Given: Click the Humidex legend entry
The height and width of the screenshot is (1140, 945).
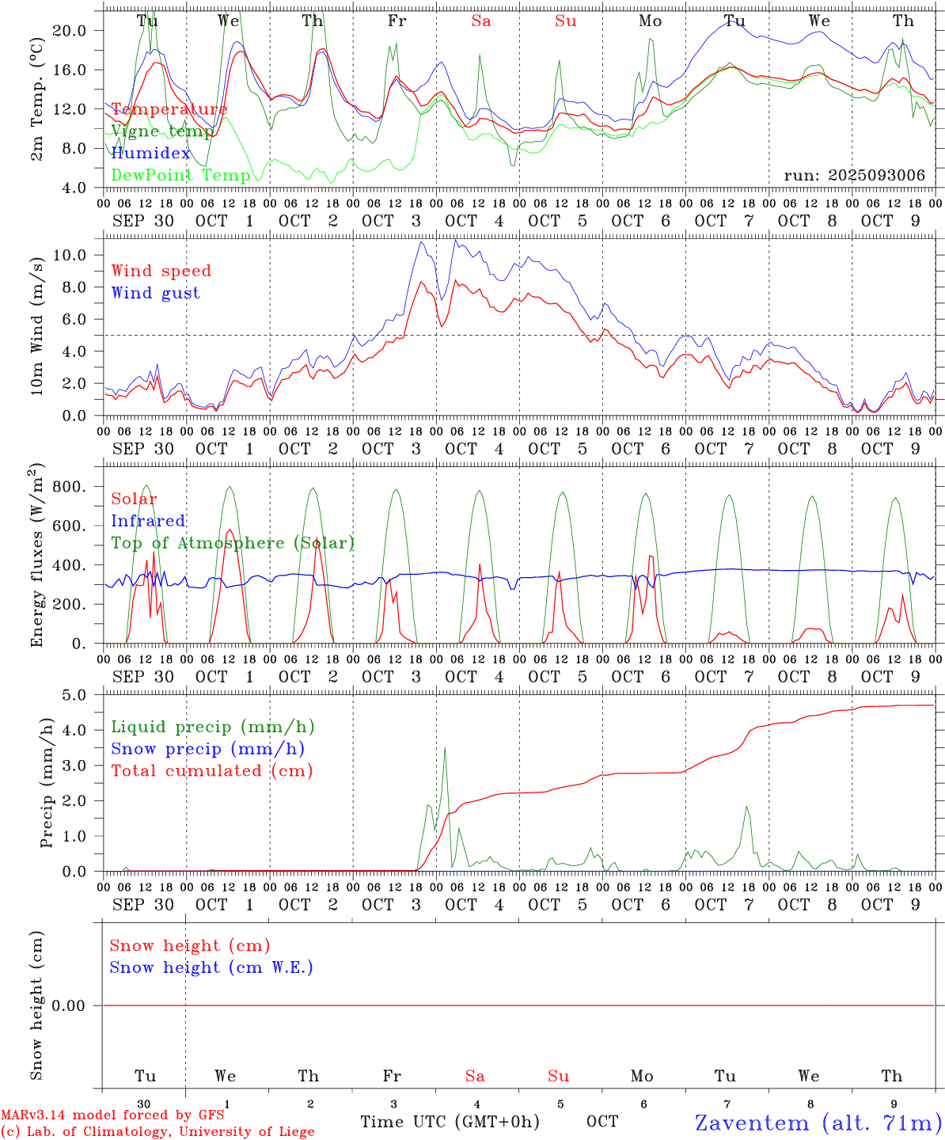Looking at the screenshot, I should (x=150, y=153).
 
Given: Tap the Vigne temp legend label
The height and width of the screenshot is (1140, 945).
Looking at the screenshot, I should (x=161, y=131).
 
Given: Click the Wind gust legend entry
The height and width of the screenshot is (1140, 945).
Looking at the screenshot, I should (x=155, y=293).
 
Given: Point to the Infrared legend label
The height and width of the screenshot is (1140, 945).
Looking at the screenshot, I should (x=148, y=521).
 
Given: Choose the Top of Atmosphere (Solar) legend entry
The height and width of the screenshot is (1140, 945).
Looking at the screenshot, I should (x=232, y=543).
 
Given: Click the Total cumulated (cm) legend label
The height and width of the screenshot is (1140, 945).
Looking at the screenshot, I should (x=211, y=770).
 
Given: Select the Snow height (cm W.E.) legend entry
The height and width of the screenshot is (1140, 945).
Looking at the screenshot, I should (x=211, y=967).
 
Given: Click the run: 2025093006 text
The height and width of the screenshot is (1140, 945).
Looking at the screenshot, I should (x=854, y=175).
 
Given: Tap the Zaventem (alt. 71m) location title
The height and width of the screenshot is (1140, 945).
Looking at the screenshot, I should (x=818, y=1123).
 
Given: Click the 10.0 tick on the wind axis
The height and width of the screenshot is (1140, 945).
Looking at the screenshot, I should (x=70, y=255).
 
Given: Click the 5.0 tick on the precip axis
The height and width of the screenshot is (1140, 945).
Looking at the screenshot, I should (x=74, y=695).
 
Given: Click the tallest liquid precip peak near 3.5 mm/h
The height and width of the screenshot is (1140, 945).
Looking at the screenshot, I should (x=445, y=747).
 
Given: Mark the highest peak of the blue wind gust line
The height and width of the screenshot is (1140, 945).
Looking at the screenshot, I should (x=454, y=239).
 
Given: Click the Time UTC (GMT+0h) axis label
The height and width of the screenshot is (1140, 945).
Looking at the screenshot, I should (x=450, y=1122).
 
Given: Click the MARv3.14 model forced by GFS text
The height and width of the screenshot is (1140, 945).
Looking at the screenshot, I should (x=112, y=1115).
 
